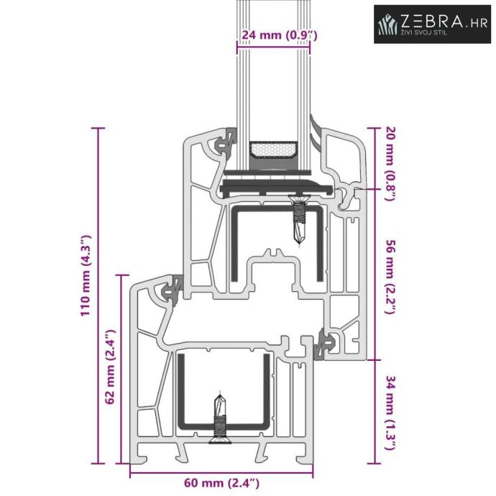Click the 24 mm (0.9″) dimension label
pos(280,35)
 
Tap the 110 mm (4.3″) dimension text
pos(86,275)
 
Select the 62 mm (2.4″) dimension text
pos(111,367)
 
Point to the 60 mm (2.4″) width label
pos(221,483)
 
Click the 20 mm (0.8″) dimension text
pos(390,164)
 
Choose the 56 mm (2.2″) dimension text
pos(390,277)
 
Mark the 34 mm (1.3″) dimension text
pos(390,413)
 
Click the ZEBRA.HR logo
pos(432,24)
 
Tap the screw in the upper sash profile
pos(298,219)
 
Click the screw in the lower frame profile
pos(220,418)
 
